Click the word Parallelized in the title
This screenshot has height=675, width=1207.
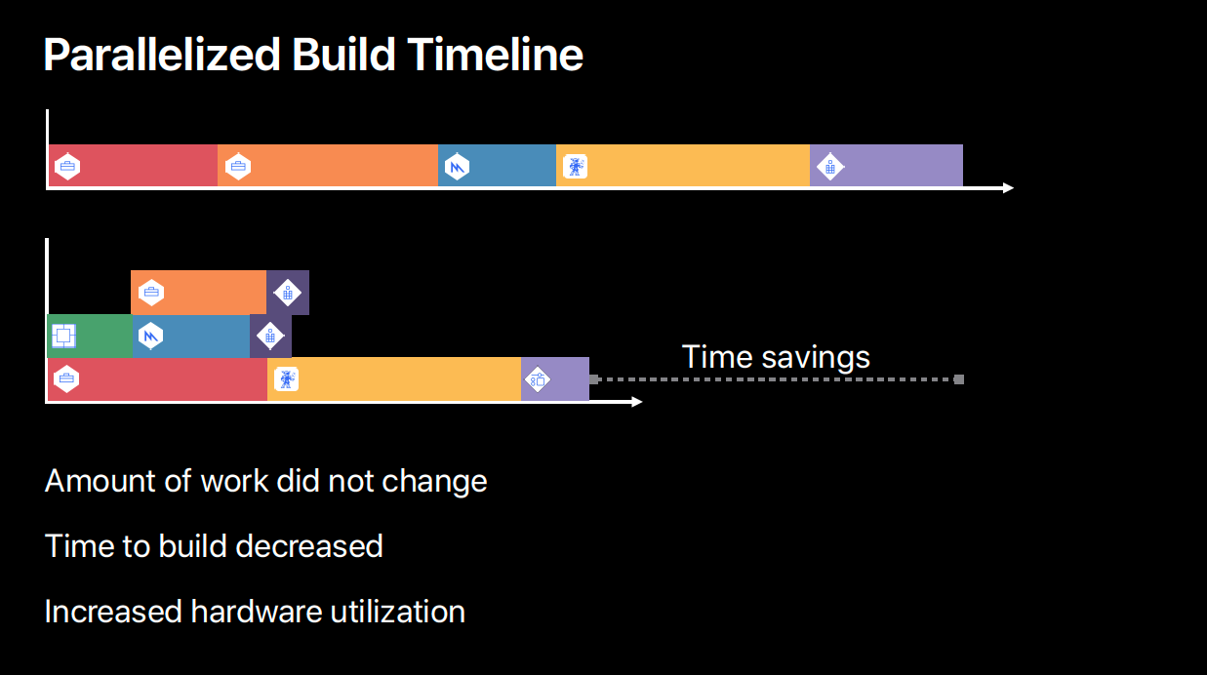coord(162,56)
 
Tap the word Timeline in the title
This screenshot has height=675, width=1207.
coord(496,55)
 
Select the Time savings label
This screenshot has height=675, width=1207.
coord(776,357)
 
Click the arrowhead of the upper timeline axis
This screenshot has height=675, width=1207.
coord(1008,187)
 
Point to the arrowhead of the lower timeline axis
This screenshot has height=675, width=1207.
coord(636,402)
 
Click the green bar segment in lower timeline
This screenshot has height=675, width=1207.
coord(90,337)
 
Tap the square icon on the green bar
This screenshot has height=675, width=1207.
coord(63,337)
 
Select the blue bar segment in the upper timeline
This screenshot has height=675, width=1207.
coord(497,166)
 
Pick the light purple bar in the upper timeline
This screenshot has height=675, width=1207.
coord(886,166)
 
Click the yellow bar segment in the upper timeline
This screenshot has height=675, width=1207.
coord(683,166)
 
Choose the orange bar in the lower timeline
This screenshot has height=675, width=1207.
coord(198,293)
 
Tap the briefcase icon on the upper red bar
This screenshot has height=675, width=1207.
coord(67,167)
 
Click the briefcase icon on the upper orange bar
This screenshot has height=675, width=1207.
coord(238,167)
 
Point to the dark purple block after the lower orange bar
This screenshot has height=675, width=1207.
coord(288,293)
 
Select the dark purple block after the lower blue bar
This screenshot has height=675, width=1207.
coord(270,337)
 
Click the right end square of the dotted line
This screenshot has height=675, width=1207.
coord(959,379)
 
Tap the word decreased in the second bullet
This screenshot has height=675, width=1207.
coord(309,546)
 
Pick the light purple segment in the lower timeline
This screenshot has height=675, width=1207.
coord(555,379)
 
